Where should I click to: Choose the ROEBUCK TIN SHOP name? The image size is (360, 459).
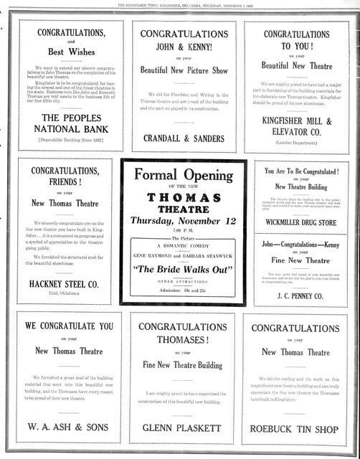point(296,429)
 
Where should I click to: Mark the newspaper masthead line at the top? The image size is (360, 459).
point(179,4)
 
